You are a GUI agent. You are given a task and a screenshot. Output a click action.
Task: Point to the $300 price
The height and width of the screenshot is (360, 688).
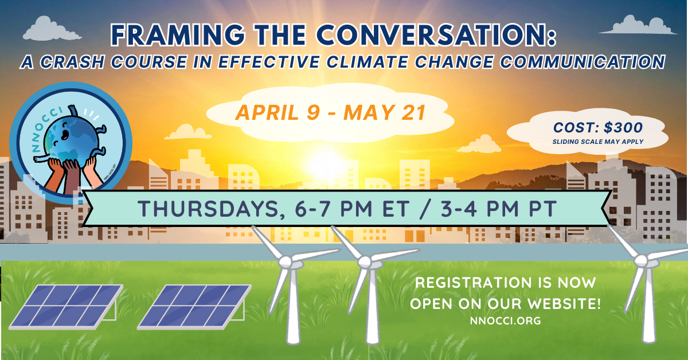(621, 128)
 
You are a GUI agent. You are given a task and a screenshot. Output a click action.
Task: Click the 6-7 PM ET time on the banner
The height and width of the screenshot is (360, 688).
(350, 208)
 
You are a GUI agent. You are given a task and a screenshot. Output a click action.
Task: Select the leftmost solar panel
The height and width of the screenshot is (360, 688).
(66, 307)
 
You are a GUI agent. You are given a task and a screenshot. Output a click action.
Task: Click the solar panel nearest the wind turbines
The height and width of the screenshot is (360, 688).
(194, 307)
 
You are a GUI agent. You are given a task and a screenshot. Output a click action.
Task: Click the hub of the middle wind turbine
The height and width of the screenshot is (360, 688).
(365, 261)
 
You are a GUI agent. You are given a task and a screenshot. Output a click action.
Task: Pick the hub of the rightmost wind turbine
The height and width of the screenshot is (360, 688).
(642, 261)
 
